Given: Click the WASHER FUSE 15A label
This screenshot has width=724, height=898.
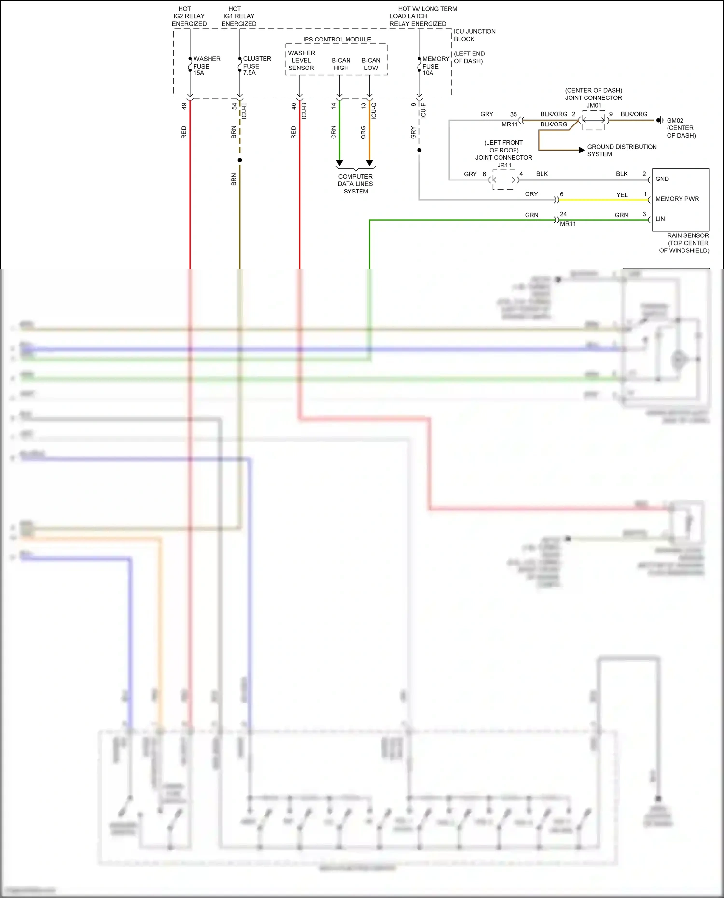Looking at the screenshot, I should [206, 66].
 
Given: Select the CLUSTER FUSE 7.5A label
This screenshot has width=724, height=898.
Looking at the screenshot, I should [256, 66].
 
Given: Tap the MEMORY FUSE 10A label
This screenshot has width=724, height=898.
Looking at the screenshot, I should [435, 66].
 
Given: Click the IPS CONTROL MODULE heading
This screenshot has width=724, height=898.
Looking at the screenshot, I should [337, 40].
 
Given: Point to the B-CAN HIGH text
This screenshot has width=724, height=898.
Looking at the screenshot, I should [341, 64].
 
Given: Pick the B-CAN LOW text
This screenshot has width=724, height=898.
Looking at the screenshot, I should [371, 64].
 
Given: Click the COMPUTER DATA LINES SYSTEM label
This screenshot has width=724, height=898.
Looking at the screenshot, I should [355, 184].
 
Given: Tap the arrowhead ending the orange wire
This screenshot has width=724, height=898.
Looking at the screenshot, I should [369, 163].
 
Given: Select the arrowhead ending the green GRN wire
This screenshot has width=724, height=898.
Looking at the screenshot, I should [339, 163].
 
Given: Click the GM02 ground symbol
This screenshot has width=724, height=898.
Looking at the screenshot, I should [660, 120].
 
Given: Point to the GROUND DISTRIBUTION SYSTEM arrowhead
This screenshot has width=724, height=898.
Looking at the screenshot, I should [582, 150].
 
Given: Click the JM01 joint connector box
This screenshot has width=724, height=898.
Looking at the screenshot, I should [594, 120].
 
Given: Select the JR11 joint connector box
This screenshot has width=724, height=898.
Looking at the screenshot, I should [504, 180].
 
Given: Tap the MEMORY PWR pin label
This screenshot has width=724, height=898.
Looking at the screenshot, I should [677, 199].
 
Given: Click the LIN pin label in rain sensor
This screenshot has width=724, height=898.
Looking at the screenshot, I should [660, 219].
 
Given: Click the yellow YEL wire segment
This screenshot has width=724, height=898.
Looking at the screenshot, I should [603, 200].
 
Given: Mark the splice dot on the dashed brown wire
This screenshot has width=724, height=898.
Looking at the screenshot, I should [240, 160].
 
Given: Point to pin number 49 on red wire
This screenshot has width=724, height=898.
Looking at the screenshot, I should [184, 106].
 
